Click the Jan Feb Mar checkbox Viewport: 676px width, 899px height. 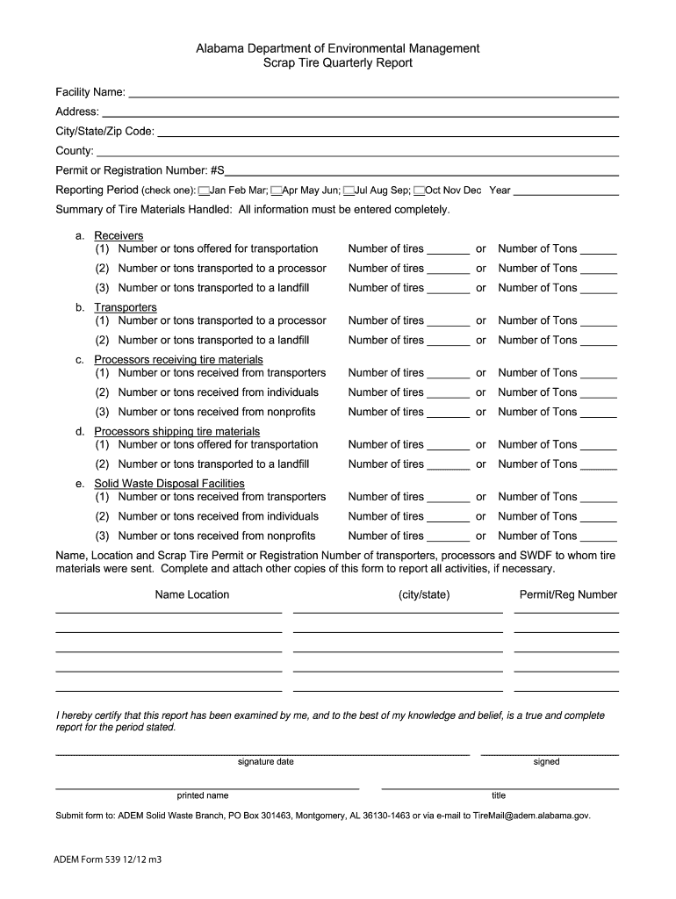pyautogui.click(x=204, y=191)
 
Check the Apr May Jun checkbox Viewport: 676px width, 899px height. pyautogui.click(x=276, y=191)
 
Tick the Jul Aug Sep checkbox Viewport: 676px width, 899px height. pyautogui.click(x=349, y=191)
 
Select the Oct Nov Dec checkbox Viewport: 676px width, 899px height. pyautogui.click(x=419, y=191)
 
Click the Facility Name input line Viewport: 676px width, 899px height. pyautogui.click(x=373, y=93)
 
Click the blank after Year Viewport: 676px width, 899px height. pyautogui.click(x=566, y=191)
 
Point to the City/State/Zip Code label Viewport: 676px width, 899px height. pyautogui.click(x=104, y=132)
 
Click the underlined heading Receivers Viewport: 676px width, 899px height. pyautogui.click(x=119, y=235)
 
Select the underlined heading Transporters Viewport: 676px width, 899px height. pyautogui.click(x=126, y=307)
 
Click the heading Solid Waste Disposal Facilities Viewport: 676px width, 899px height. pyautogui.click(x=169, y=484)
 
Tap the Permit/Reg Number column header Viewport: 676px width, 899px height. pyautogui.click(x=568, y=595)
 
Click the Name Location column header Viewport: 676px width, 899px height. pyautogui.click(x=191, y=595)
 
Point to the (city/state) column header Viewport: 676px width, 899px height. pyautogui.click(x=423, y=595)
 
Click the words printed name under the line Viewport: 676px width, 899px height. pyautogui.click(x=203, y=795)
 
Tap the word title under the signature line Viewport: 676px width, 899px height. pyautogui.click(x=499, y=795)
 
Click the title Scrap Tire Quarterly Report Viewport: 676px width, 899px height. pyautogui.click(x=338, y=64)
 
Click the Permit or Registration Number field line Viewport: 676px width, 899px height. pyautogui.click(x=421, y=170)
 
